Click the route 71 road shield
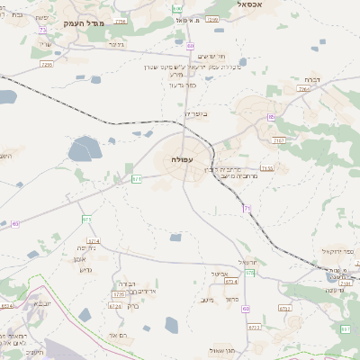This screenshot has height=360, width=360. click(247, 209)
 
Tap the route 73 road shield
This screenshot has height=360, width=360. click(43, 30)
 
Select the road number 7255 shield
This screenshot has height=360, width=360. click(47, 64)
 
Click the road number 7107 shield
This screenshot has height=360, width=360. click(278, 140)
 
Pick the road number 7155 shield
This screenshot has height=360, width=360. click(266, 167)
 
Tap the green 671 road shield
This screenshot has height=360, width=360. click(137, 178)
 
